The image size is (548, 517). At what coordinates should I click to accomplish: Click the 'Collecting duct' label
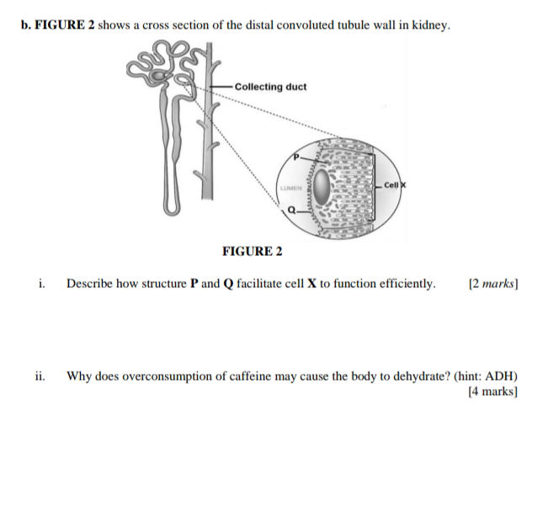pyautogui.click(x=270, y=87)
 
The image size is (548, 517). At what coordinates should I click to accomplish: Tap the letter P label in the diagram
pyautogui.click(x=295, y=157)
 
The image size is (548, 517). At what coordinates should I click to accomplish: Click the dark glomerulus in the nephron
pyautogui.click(x=159, y=77)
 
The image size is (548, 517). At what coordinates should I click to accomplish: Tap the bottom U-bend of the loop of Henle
pyautogui.click(x=169, y=205)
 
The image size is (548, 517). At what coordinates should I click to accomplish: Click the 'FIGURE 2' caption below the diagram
pyautogui.click(x=252, y=251)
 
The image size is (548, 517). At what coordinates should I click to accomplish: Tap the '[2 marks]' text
pyautogui.click(x=492, y=284)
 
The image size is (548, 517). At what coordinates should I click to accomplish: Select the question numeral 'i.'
pyautogui.click(x=41, y=284)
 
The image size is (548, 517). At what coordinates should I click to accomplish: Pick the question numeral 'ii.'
pyautogui.click(x=40, y=376)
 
